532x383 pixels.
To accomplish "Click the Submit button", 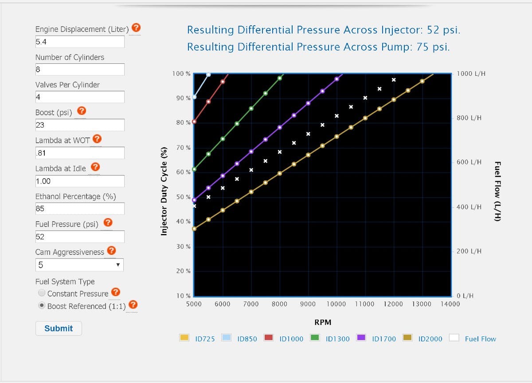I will tap(59, 328).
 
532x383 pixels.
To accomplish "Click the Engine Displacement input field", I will tap(80, 42).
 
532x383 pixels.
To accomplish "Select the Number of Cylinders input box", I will tap(80, 70).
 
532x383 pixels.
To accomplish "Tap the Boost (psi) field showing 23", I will tap(80, 125).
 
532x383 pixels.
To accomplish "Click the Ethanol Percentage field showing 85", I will tap(80, 209).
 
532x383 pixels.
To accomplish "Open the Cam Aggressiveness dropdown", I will tap(79, 265).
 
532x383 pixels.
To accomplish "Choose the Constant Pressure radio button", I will tap(42, 293).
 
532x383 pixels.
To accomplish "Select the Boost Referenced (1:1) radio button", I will tap(42, 305).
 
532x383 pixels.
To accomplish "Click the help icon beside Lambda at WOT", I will tap(97, 140).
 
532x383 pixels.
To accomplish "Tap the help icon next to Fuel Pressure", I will tap(108, 223).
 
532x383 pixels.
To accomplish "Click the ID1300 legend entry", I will tap(330, 339).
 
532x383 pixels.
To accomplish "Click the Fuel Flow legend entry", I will tap(473, 339).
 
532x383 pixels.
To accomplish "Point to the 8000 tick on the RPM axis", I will tap(279, 304).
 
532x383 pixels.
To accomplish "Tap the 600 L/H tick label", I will tap(469, 162).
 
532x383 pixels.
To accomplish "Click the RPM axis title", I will tap(322, 322).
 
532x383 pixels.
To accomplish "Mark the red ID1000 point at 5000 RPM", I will tap(194, 121).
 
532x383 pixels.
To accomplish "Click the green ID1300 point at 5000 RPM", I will tap(194, 169).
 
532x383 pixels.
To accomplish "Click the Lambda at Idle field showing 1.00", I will tap(80, 181).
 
